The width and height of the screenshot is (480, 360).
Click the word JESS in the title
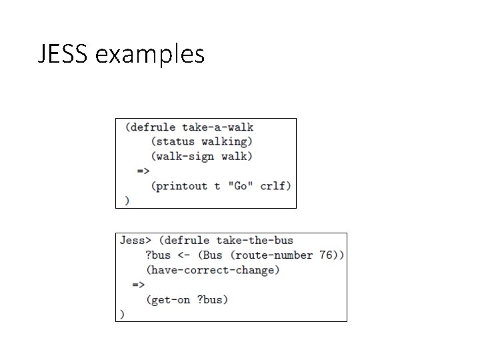(65, 55)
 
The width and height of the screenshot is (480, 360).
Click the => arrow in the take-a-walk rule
(143, 171)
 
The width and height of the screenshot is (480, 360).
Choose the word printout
(181, 185)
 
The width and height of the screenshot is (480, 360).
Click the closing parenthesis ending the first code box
(127, 200)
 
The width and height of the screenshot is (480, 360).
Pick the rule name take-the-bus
(255, 240)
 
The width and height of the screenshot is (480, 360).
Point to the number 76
(326, 255)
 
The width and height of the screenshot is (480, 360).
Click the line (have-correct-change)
(213, 270)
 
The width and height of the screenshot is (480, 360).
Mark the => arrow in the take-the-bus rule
(138, 285)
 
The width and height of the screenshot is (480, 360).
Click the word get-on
(171, 299)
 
